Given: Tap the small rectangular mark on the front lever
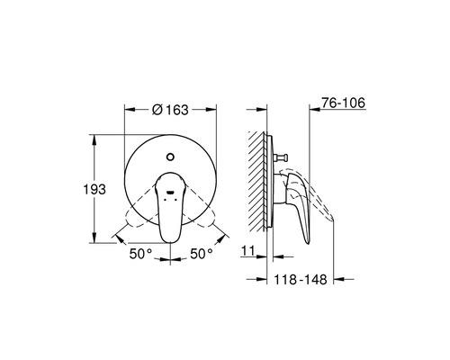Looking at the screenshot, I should coord(170,191).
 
